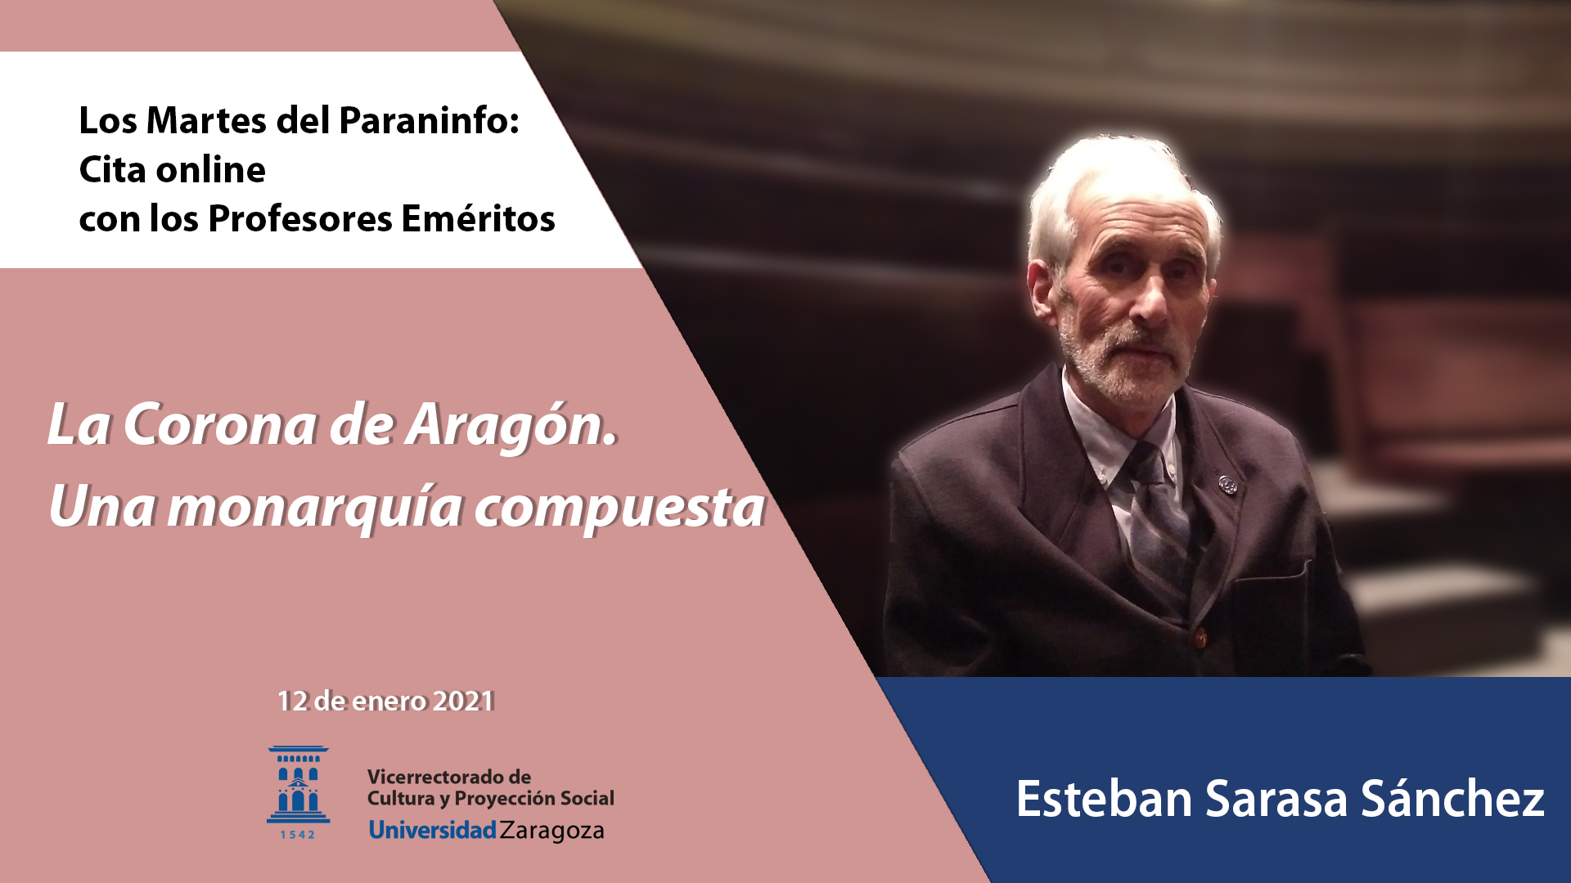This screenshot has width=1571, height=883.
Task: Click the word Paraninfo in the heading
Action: click(429, 121)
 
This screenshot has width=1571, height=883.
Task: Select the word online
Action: click(210, 170)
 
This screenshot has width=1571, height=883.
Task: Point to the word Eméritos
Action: click(478, 218)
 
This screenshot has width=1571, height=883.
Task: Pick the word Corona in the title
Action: click(220, 425)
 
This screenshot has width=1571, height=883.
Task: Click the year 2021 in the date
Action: click(463, 701)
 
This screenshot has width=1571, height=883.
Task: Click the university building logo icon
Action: click(298, 784)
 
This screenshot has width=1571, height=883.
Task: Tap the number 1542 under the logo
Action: click(298, 835)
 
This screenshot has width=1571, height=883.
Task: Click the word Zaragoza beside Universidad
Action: click(552, 831)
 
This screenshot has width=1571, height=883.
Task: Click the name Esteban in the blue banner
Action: click(1104, 799)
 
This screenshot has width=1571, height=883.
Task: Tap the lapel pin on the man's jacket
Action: click(1227, 484)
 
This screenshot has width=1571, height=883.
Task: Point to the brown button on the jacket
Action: click(1200, 637)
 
